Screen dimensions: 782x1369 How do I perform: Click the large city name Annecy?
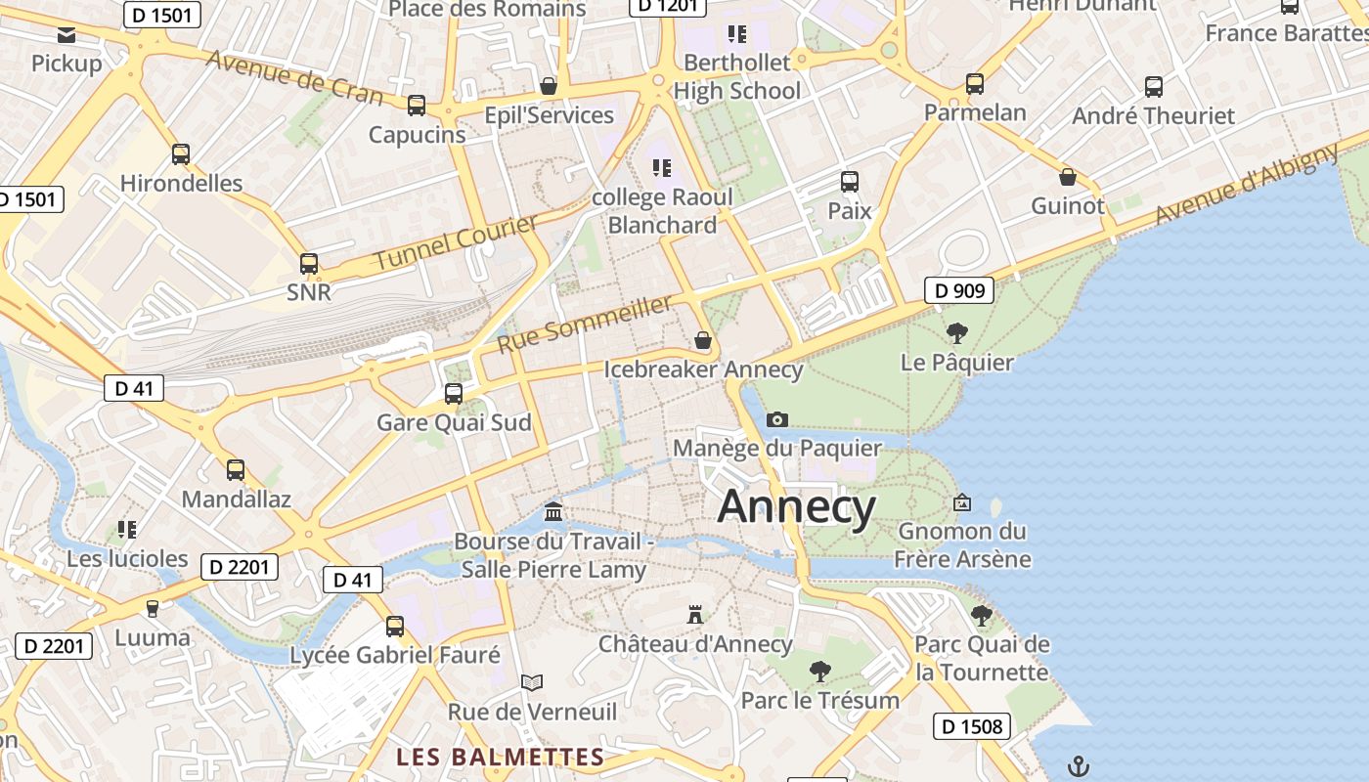pos(796,507)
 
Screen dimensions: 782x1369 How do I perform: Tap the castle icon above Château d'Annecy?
pos(695,615)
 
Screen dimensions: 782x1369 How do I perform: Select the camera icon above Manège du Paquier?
pos(777,419)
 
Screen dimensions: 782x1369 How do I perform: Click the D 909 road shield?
pos(959,290)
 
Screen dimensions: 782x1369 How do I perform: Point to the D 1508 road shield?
pos(972,726)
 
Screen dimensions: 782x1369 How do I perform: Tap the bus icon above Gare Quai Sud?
pos(454,394)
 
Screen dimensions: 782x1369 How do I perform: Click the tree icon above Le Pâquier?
pos(957,333)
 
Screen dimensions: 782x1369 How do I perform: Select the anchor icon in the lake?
pos(1078,765)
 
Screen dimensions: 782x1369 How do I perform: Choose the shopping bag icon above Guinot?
pos(1068,177)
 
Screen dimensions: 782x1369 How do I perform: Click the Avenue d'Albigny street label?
pos(1248,184)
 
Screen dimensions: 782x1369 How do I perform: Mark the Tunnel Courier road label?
pos(456,242)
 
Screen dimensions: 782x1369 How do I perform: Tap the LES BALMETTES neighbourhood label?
pos(501,758)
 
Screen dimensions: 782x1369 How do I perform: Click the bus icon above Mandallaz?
pos(236,470)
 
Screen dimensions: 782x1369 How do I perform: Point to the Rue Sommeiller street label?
pos(585,325)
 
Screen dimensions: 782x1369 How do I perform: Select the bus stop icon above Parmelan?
pos(975,84)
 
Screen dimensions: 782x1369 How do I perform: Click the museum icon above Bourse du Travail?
pos(553,512)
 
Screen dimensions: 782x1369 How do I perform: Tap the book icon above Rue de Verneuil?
pos(532,682)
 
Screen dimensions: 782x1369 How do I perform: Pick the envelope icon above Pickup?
pos(66,36)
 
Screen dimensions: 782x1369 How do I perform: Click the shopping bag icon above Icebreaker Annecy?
pos(703,340)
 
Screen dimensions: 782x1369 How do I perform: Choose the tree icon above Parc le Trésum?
pos(820,672)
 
